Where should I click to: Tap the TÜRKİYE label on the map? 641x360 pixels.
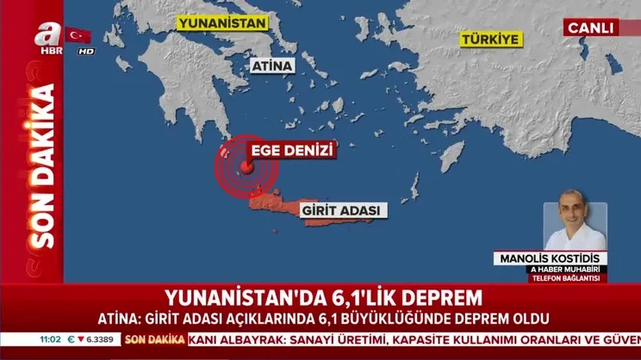490,40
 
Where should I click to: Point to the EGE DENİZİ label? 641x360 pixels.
291,152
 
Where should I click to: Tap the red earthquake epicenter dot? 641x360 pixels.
248,166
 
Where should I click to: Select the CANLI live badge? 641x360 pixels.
591,27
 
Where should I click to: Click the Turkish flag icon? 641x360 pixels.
78,35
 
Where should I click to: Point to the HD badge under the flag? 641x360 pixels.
85,51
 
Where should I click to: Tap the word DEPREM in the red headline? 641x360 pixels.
435,299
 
